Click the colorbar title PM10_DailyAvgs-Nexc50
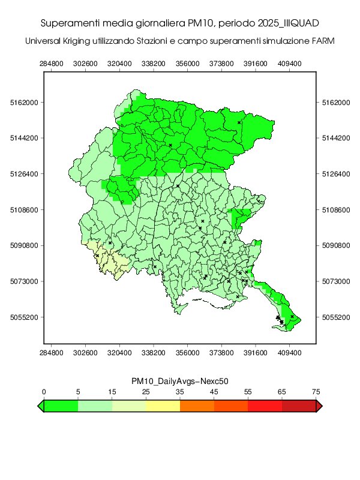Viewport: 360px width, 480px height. pyautogui.click(x=180, y=381)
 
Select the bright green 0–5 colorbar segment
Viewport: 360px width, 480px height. pyautogui.click(x=61, y=406)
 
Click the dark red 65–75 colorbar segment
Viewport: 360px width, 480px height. pyautogui.click(x=299, y=406)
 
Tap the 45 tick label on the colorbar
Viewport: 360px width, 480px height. pyautogui.click(x=215, y=391)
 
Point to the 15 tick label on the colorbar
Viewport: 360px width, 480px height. pyautogui.click(x=112, y=391)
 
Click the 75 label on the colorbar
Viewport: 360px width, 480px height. pyautogui.click(x=316, y=391)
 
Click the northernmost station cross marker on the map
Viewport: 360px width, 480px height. pyautogui.click(x=239, y=122)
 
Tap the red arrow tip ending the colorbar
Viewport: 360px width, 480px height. pyautogui.click(x=319, y=406)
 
